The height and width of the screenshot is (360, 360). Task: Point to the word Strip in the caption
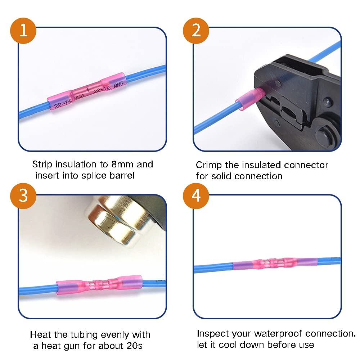[42, 165]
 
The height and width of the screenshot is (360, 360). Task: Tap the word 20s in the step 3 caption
[135, 346]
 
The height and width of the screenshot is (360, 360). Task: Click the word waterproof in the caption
[278, 334]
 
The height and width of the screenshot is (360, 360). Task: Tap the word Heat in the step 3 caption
[41, 335]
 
